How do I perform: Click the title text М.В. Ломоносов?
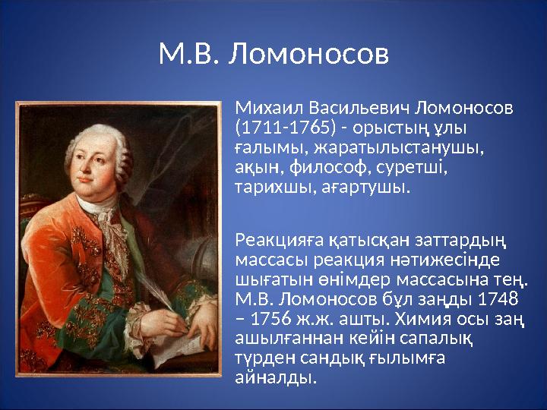tap(273, 54)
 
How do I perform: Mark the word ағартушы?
tap(360, 186)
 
